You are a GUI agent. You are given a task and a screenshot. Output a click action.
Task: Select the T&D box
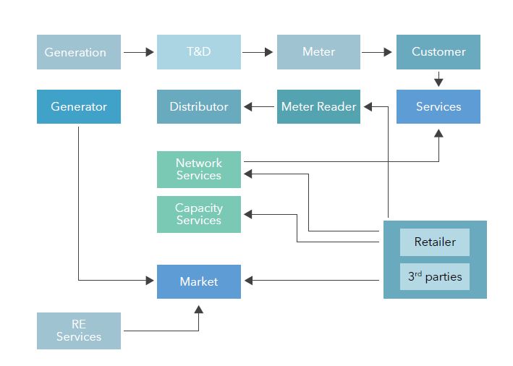pyautogui.click(x=199, y=52)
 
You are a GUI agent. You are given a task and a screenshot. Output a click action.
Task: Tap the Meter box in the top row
pyautogui.click(x=318, y=52)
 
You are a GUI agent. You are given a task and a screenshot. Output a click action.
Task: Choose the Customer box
pyautogui.click(x=438, y=52)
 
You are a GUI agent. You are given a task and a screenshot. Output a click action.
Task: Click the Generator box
pyautogui.click(x=79, y=107)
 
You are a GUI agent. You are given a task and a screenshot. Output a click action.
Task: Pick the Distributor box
pyautogui.click(x=199, y=107)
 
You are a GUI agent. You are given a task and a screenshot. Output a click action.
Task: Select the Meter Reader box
pyautogui.click(x=318, y=107)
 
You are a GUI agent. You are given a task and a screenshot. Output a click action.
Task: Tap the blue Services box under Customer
pyautogui.click(x=438, y=107)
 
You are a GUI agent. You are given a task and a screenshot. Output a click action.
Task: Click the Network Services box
pyautogui.click(x=199, y=170)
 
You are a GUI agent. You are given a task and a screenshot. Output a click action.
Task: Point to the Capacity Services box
pyautogui.click(x=199, y=214)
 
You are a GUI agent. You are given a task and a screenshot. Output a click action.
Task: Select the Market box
pyautogui.click(x=199, y=281)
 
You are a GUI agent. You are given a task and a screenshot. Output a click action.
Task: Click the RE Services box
pyautogui.click(x=79, y=331)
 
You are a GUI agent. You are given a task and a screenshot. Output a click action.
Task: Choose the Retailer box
pyautogui.click(x=435, y=242)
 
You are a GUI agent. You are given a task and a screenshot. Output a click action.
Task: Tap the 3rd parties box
pyautogui.click(x=435, y=276)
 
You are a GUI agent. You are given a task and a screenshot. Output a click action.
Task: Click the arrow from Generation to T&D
pyautogui.click(x=139, y=52)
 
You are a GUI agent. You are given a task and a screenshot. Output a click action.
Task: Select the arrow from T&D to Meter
pyautogui.click(x=259, y=52)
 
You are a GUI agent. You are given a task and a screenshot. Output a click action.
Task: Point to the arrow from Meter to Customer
pyautogui.click(x=378, y=52)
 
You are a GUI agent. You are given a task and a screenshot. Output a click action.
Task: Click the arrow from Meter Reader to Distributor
pyautogui.click(x=259, y=107)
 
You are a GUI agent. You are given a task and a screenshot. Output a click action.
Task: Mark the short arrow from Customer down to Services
pyautogui.click(x=438, y=79)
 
